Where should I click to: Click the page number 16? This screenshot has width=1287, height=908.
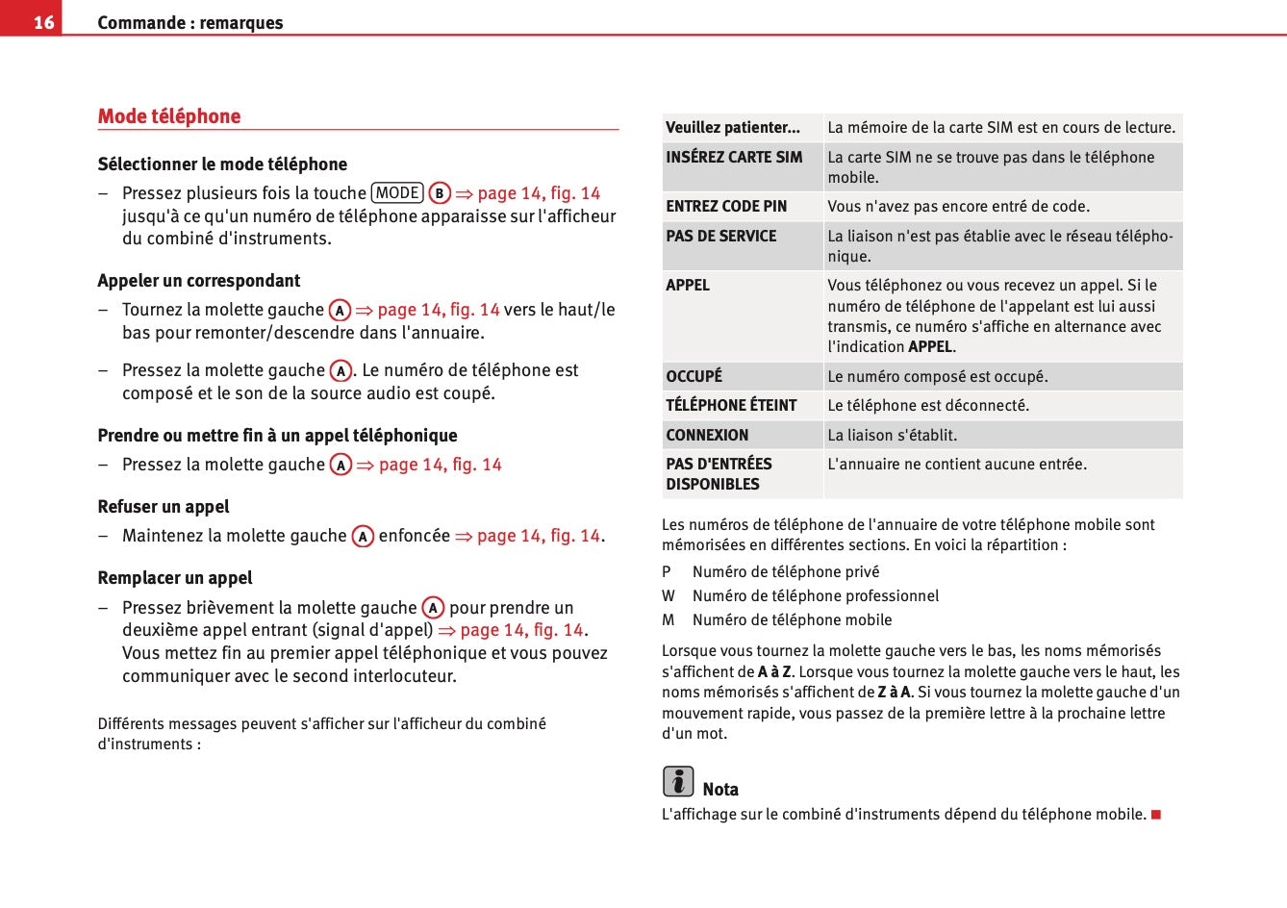(x=43, y=22)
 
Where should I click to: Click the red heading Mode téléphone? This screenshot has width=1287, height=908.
(x=169, y=116)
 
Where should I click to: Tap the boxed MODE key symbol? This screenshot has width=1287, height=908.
(x=397, y=192)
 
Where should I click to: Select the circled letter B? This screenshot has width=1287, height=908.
(x=440, y=193)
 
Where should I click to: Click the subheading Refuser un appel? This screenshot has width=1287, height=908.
(x=164, y=507)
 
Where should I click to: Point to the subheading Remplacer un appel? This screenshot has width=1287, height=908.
(x=175, y=578)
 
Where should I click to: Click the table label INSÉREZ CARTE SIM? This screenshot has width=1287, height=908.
(x=734, y=157)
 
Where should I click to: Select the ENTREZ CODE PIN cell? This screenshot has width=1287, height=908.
(x=726, y=206)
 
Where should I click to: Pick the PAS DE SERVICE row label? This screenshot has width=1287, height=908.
(x=720, y=236)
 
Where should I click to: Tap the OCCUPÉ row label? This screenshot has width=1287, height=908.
(x=694, y=376)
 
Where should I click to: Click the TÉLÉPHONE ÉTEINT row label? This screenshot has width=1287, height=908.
(x=731, y=405)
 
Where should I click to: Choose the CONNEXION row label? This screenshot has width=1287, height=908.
(x=707, y=435)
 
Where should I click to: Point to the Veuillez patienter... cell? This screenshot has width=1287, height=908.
(x=733, y=127)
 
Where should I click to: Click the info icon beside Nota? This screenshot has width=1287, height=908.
(x=678, y=781)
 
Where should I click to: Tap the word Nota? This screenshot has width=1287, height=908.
(x=720, y=790)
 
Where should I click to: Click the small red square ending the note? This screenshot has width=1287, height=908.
(x=1156, y=815)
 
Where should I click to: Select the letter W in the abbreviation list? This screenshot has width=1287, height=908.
(x=669, y=595)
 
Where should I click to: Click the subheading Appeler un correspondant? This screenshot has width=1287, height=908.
(x=199, y=281)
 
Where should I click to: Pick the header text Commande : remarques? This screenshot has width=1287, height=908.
(x=190, y=22)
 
